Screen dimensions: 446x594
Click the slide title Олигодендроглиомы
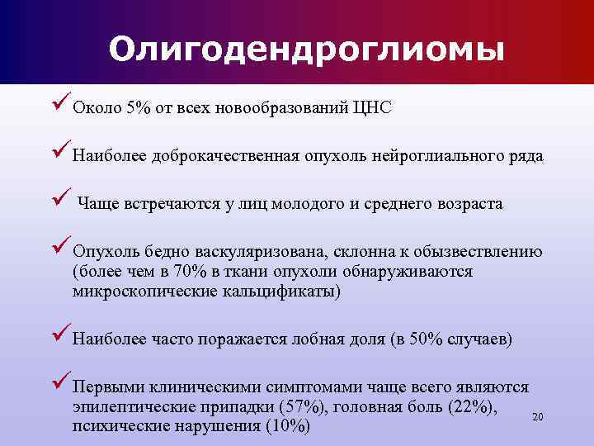click(305, 49)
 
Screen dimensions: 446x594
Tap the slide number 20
click(538, 416)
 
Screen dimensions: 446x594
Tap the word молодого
click(304, 204)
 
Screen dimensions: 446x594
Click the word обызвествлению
click(477, 252)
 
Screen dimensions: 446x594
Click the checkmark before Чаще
click(60, 201)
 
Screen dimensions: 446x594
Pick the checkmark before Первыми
click(60, 384)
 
